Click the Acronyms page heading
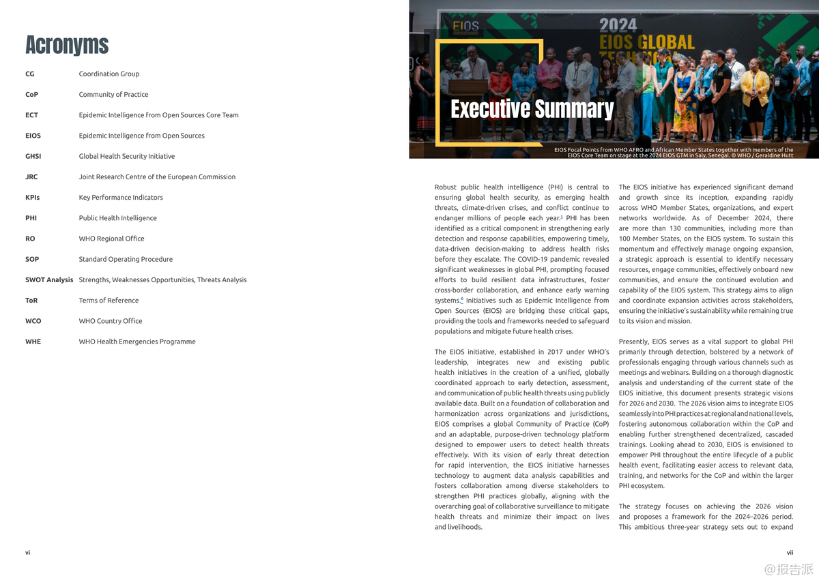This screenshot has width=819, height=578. coord(67,45)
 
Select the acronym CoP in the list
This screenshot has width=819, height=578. coord(32,95)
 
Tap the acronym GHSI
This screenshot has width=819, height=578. coord(33,156)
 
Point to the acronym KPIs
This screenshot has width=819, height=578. coord(33,198)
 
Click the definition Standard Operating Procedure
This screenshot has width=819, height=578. coord(126,259)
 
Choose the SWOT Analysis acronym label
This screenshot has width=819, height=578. coord(49,279)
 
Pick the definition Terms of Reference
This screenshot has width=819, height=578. coord(109,301)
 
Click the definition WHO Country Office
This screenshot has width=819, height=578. coord(110,321)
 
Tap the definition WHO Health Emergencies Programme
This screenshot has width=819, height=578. coord(137,341)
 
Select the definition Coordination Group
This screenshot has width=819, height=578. coord(109,74)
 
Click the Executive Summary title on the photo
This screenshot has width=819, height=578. coord(532,109)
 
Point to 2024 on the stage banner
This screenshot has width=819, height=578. coord(618,26)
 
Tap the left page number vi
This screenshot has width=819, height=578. coord(28,553)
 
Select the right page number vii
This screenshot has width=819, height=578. coord(790,553)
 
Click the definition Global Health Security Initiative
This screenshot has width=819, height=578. coord(127,156)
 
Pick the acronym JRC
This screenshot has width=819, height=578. coord(31,177)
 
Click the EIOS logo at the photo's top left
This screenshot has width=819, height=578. coord(466,28)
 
